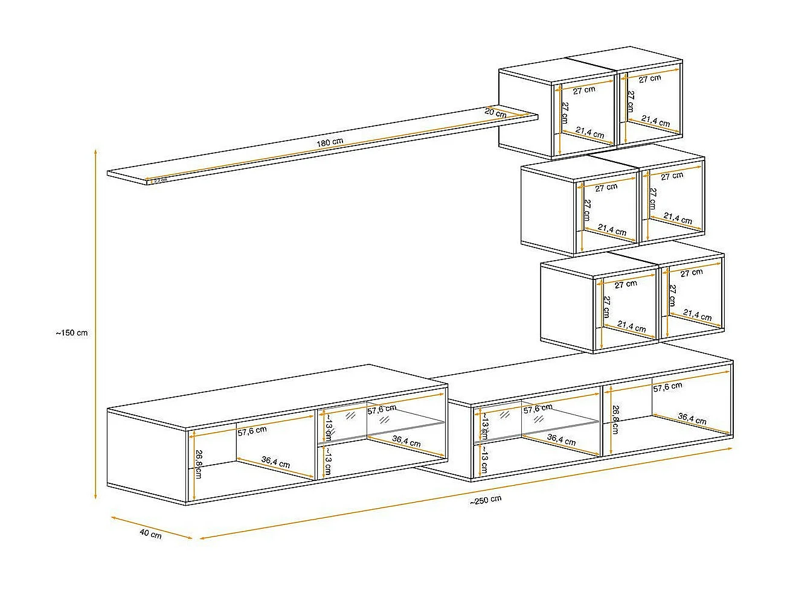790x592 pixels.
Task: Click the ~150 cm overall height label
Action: coord(71,333)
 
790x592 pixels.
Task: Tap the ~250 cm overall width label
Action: coord(486,500)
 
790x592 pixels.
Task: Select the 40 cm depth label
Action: coord(150,534)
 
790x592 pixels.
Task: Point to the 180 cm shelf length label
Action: coord(330,142)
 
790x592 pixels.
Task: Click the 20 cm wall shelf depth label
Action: coord(495,112)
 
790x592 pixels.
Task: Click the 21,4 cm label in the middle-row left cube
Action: coord(612,230)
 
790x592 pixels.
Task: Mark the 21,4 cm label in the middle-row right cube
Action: coord(678,218)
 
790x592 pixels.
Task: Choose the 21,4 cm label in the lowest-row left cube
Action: coord(632,328)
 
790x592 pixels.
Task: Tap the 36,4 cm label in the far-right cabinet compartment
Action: coord(692,418)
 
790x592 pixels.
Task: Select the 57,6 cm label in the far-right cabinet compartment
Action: coord(667,386)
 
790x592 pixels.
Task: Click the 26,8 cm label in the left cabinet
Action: coord(198,463)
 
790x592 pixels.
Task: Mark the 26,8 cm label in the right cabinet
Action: coord(615,419)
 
